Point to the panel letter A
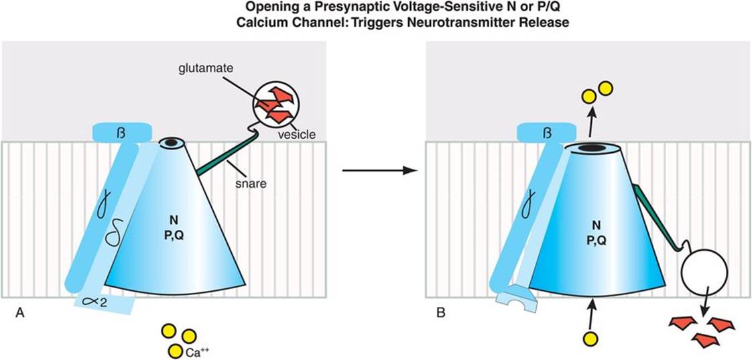[x=19, y=312]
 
